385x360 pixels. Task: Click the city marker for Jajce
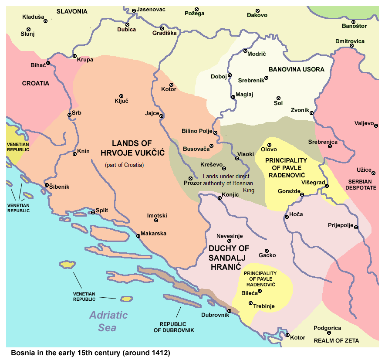[x=161, y=116]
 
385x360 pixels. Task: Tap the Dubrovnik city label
[x=215, y=315]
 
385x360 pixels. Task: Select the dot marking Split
[x=93, y=213]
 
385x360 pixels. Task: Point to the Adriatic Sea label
[x=108, y=321]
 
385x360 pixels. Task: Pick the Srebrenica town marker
[x=330, y=146]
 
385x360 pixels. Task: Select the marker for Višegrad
[x=327, y=187]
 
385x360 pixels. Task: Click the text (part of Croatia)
[x=124, y=165]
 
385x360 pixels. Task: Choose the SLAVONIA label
[x=72, y=11]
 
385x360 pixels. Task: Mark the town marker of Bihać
[x=48, y=63]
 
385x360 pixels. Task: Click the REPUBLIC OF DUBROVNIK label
[x=173, y=327]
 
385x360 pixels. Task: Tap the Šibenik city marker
[x=47, y=185]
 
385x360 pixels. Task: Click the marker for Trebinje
[x=250, y=303]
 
